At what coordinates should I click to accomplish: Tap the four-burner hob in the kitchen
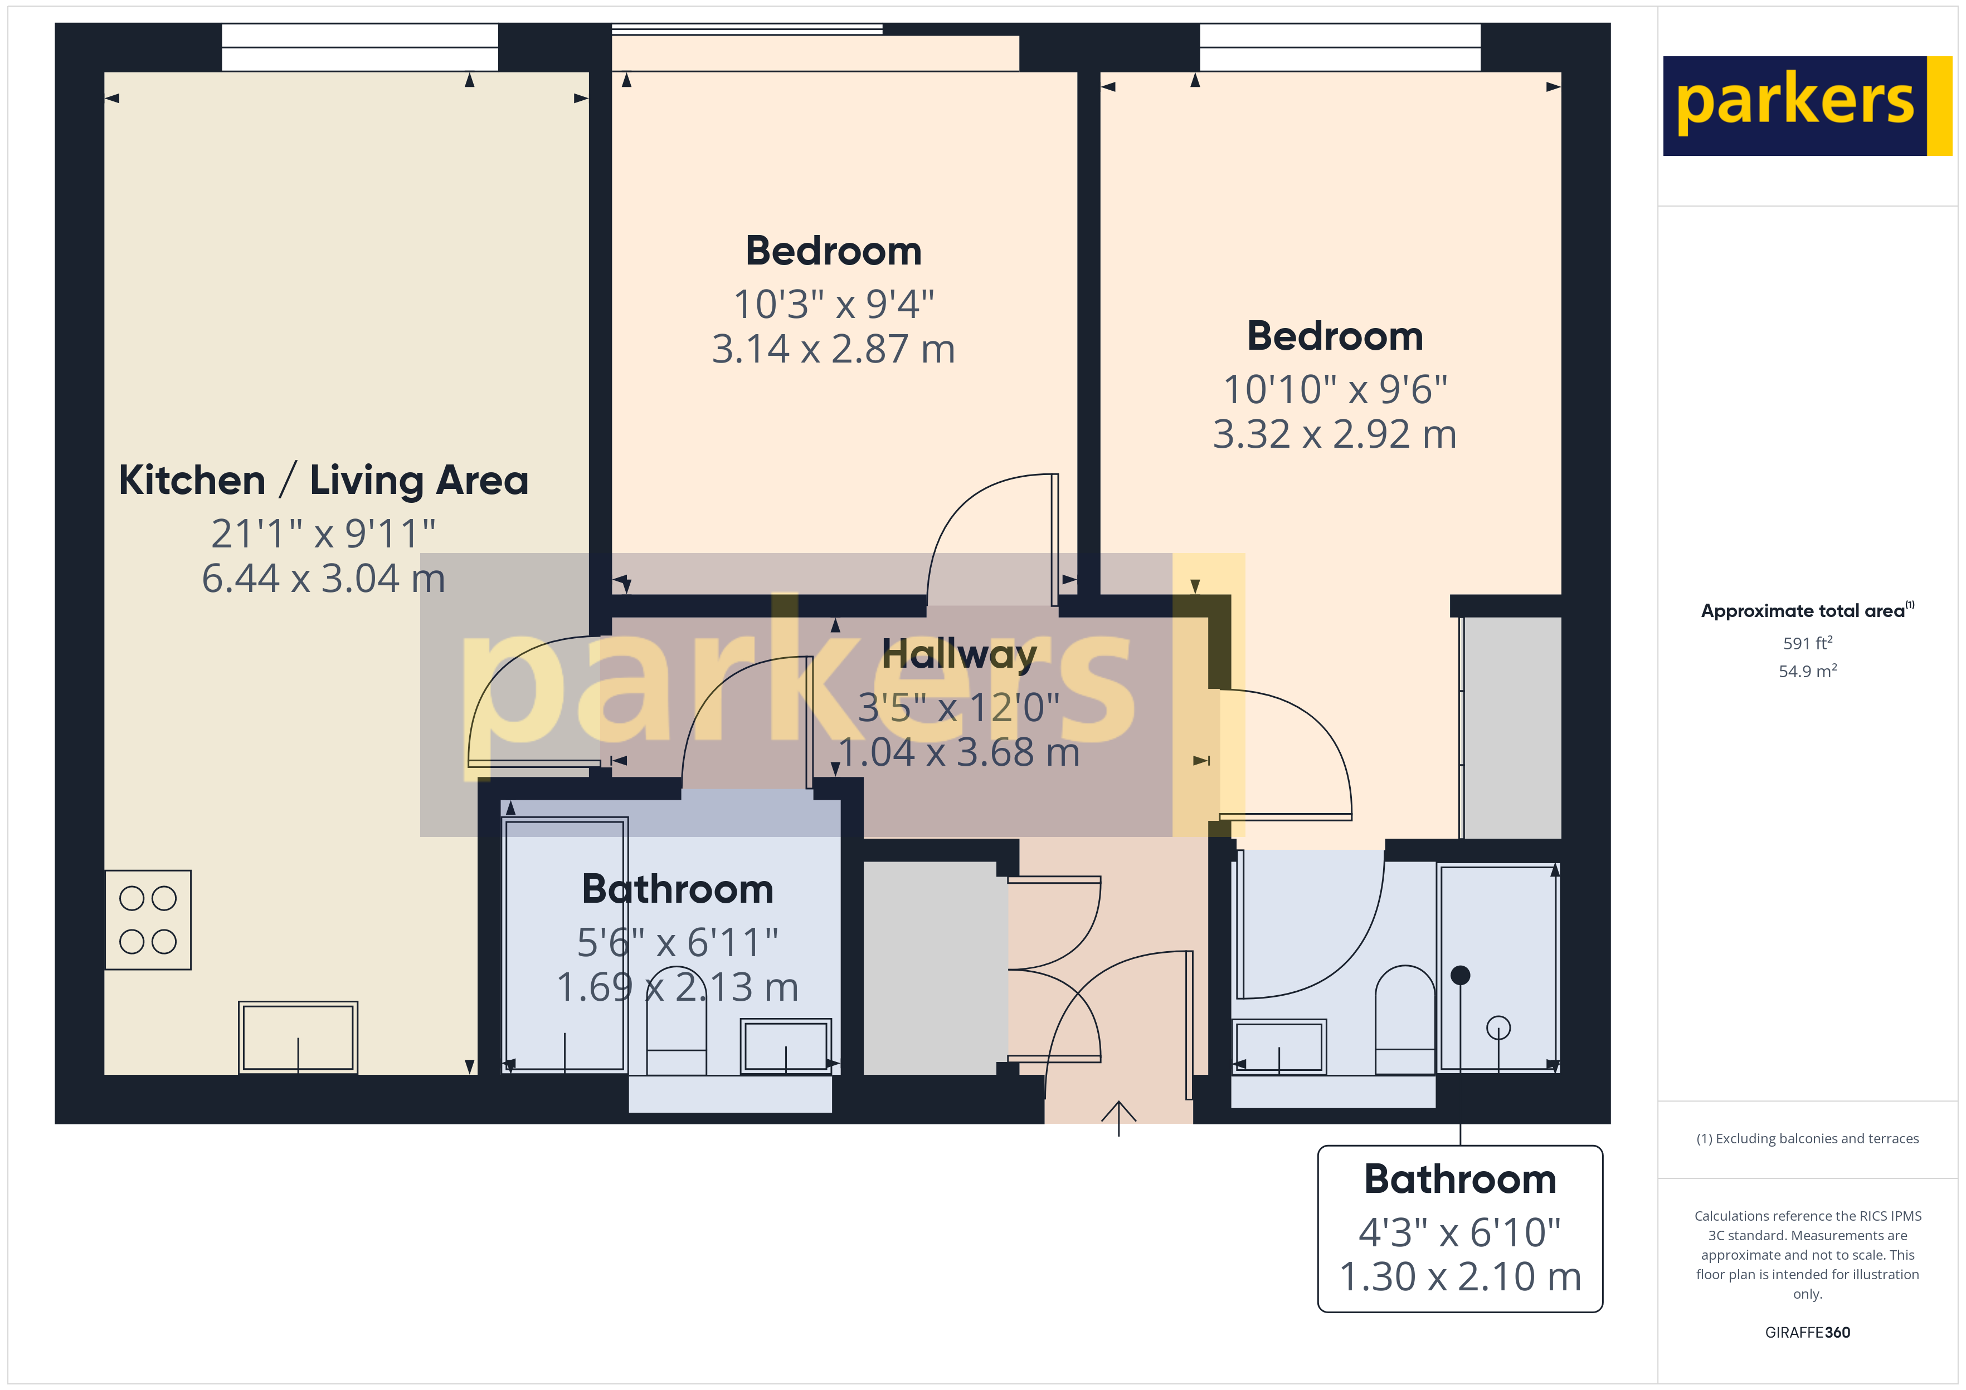coord(148,919)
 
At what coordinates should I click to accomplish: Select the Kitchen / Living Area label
coord(324,479)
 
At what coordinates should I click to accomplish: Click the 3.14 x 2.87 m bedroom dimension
coord(833,349)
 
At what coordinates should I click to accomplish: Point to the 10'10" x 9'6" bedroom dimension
coord(1335,389)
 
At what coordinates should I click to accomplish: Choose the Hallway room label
coord(959,654)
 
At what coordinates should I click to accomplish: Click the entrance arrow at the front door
coord(1118,1118)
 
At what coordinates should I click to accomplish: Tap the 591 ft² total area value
coord(1808,643)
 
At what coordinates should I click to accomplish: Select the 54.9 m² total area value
coord(1808,671)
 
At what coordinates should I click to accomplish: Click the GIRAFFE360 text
coord(1808,1333)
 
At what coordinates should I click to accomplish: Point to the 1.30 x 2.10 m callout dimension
coord(1460,1277)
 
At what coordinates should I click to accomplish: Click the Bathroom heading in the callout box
coord(1460,1179)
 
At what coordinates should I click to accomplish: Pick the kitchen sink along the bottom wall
coord(298,1037)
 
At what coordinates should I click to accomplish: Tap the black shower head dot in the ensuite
coord(1461,975)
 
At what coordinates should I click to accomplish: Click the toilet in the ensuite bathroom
coord(1405,1020)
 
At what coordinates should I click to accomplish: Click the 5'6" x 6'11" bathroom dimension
coord(677,942)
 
